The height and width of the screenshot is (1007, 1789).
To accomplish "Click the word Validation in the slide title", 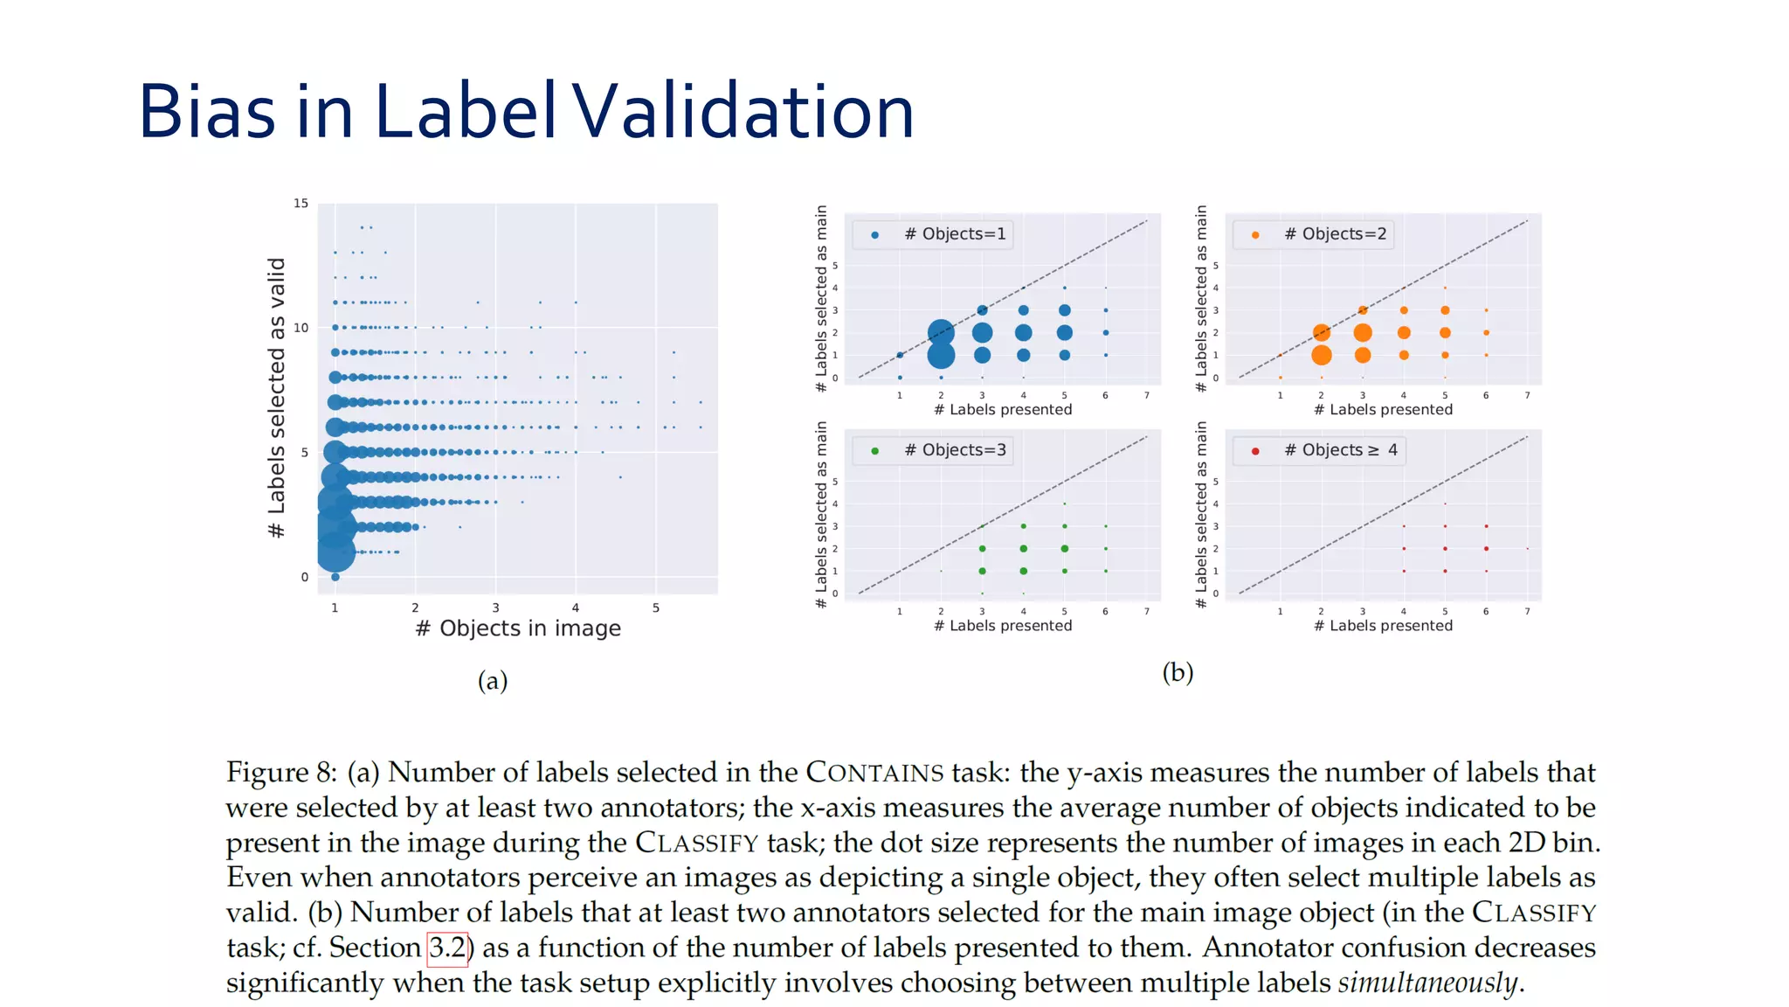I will (x=742, y=111).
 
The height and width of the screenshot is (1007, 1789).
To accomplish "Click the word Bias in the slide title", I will (x=207, y=111).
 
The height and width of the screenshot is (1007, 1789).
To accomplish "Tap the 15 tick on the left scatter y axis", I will (x=300, y=204).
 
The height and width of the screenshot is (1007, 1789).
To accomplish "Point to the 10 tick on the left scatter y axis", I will (x=300, y=328).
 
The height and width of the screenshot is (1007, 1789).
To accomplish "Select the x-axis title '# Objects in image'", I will (x=518, y=629).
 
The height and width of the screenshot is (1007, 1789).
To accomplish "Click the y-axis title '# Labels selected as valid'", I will (x=277, y=398).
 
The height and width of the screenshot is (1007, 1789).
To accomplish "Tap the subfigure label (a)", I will (x=493, y=681).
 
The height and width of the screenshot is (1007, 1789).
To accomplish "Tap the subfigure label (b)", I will (x=1178, y=672).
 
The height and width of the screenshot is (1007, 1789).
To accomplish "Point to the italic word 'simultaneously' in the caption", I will (x=1427, y=983).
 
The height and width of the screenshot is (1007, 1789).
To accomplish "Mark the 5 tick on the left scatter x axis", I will (x=656, y=608).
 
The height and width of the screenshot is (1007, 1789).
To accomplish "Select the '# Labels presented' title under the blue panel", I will (x=1003, y=410).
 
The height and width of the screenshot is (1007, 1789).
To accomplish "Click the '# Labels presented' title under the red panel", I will (x=1383, y=626).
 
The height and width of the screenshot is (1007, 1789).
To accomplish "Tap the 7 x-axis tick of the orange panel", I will (x=1527, y=396).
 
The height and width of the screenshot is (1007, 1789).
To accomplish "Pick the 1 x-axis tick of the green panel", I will (x=900, y=612).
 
